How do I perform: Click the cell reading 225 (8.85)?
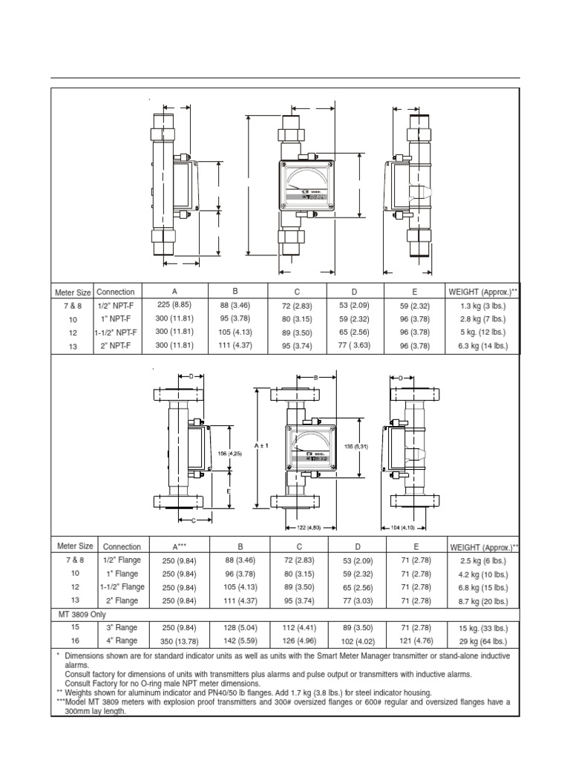pos(174,305)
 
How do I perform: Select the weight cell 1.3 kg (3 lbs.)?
pos(482,305)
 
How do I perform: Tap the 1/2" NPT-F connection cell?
pos(115,305)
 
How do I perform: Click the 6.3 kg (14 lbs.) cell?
pos(482,345)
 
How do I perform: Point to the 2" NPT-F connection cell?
pos(115,345)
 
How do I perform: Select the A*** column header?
pos(179,546)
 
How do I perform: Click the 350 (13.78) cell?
pos(179,641)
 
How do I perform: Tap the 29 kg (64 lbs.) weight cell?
pos(482,641)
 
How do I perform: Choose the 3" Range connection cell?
pos(121,627)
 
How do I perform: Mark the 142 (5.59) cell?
pos(239,641)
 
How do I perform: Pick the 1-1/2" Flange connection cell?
pos(121,586)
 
